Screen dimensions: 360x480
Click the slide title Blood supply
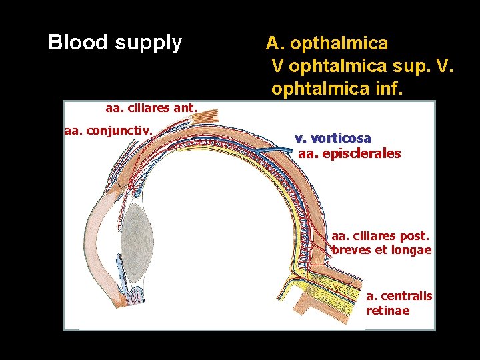115,43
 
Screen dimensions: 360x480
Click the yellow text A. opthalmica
327,43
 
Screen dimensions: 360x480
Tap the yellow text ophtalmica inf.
337,88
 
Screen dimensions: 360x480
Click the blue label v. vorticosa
333,138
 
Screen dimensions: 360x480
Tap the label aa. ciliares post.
380,236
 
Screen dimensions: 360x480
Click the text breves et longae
381,251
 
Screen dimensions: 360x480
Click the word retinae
388,311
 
